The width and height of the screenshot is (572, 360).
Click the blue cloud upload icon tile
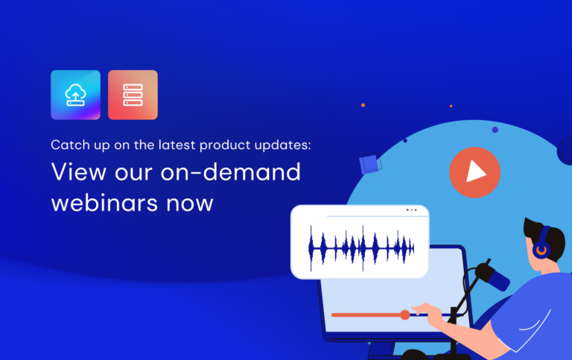point(75,95)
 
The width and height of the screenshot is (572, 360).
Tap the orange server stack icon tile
point(133,95)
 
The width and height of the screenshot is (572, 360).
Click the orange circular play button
point(474,172)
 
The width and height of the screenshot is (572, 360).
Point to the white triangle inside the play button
point(475,172)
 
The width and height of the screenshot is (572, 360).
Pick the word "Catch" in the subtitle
point(67,144)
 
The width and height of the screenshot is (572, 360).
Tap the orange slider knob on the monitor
point(404,315)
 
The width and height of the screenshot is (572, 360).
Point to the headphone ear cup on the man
point(541,250)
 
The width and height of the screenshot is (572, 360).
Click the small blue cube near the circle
point(368,164)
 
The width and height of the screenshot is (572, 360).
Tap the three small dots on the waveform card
point(413,210)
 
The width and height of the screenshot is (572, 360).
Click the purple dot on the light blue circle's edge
point(495,130)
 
